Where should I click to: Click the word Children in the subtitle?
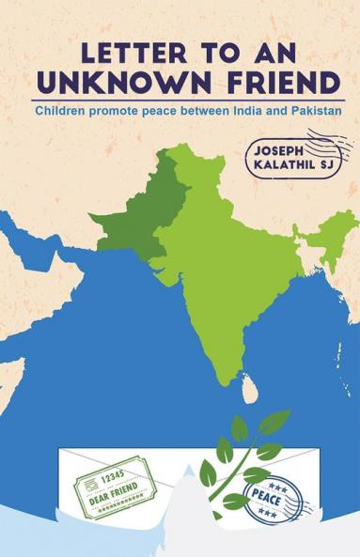63,111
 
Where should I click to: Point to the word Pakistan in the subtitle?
311,111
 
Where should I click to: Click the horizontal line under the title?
180,100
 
